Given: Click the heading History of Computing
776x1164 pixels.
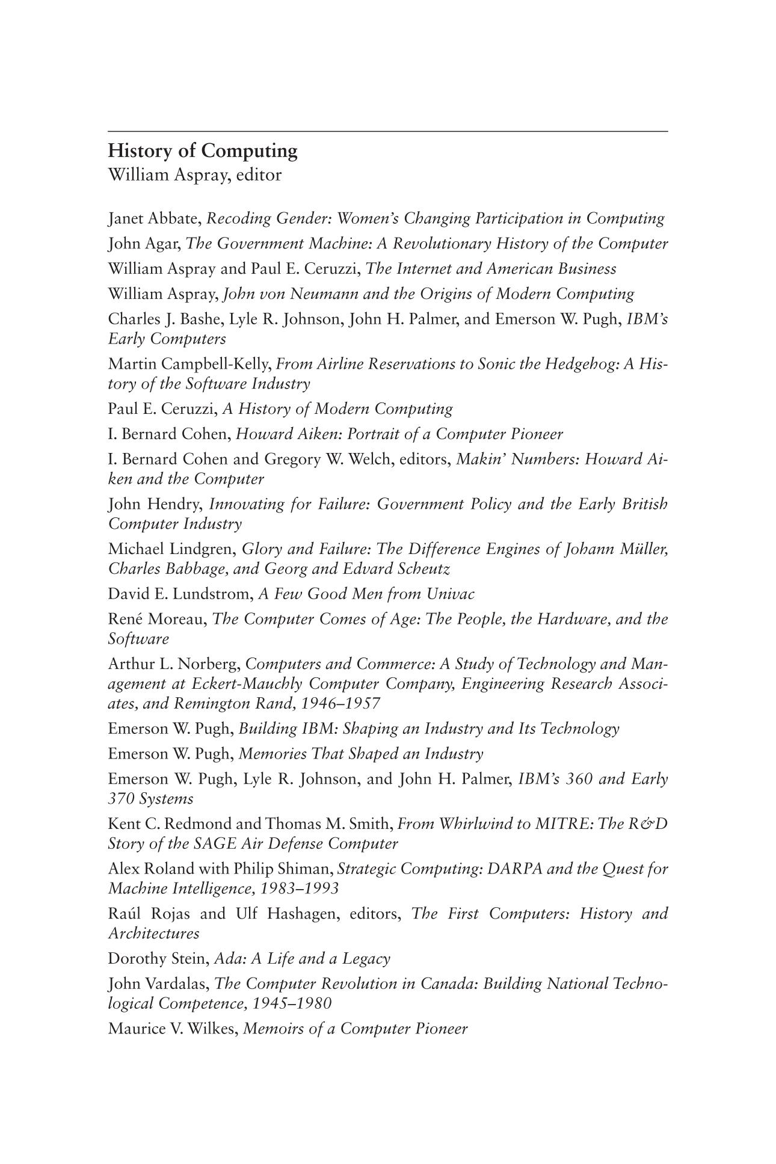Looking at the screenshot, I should click(203, 150).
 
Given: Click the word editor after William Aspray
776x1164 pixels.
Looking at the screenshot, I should click(259, 175).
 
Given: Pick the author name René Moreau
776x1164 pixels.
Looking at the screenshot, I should click(157, 619).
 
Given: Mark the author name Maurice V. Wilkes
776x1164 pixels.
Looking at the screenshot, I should click(174, 1028).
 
